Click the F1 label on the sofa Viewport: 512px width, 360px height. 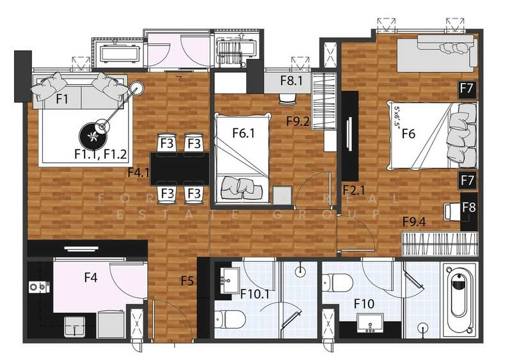tap(62, 99)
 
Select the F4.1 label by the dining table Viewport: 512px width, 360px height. tap(139, 172)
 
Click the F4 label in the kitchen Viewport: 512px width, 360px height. tap(91, 278)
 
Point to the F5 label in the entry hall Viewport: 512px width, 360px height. tap(187, 280)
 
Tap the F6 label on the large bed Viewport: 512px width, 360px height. tap(409, 134)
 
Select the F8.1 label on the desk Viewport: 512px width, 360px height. tap(294, 82)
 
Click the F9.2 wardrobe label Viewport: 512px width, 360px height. tap(298, 120)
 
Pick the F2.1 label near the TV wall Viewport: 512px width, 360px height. tap(353, 190)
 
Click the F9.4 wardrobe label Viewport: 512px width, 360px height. tap(414, 222)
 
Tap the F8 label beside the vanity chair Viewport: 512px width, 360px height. tap(468, 208)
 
